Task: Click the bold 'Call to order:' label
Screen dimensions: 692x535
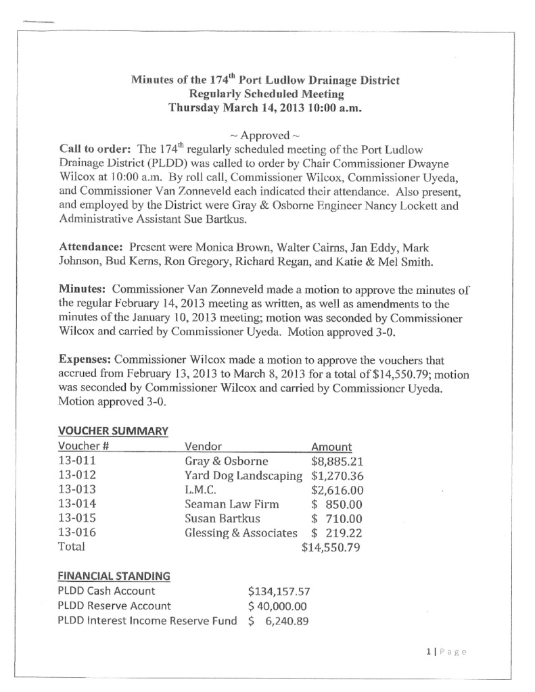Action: coord(92,149)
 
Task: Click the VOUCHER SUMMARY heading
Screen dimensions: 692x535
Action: coord(113,430)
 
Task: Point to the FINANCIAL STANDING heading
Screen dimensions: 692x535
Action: coord(114,576)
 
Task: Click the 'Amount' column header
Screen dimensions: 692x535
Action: coord(331,447)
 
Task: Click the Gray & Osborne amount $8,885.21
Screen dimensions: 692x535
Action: coord(337,462)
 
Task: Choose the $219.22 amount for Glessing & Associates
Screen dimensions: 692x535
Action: coord(337,533)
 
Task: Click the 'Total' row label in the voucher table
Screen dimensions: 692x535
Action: coord(72,547)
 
